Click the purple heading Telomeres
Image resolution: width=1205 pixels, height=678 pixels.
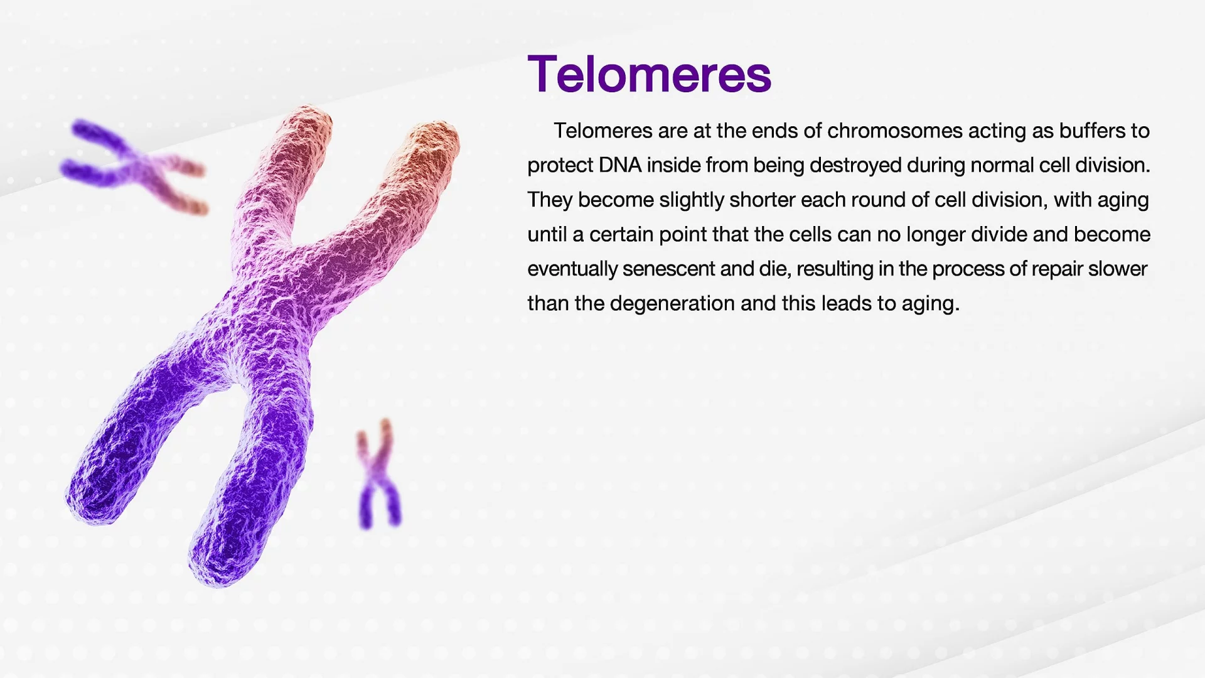649,74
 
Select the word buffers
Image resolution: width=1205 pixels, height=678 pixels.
1093,131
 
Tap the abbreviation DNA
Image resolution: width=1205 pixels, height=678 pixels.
620,165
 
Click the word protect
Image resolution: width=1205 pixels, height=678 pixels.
560,166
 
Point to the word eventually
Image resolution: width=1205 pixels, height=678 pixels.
572,269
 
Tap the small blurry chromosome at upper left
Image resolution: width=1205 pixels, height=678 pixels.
134,166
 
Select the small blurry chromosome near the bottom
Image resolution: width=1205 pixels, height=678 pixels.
378,475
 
